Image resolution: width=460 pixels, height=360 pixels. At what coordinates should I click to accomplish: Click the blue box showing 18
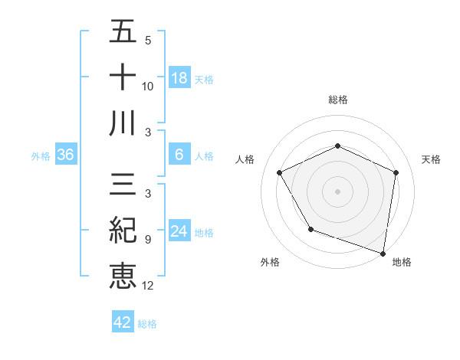[179, 78]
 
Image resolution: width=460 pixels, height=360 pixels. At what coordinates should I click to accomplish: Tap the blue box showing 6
[179, 155]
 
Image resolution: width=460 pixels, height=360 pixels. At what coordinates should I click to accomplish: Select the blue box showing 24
[179, 231]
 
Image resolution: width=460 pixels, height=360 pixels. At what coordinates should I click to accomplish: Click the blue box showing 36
[66, 155]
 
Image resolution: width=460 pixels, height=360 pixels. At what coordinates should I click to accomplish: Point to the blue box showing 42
[123, 322]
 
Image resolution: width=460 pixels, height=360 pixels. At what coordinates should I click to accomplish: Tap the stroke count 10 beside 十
[147, 87]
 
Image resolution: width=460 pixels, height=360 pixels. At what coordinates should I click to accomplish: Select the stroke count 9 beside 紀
[147, 239]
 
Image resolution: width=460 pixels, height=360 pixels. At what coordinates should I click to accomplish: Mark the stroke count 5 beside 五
[147, 40]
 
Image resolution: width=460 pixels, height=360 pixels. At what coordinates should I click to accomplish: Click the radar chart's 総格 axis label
[337, 100]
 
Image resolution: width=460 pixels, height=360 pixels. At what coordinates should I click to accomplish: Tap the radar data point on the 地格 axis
[383, 253]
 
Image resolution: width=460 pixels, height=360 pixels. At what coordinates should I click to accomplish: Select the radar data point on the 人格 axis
[279, 172]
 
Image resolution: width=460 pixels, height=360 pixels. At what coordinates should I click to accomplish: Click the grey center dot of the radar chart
[337, 191]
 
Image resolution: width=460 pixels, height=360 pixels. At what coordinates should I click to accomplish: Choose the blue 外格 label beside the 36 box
[41, 155]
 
